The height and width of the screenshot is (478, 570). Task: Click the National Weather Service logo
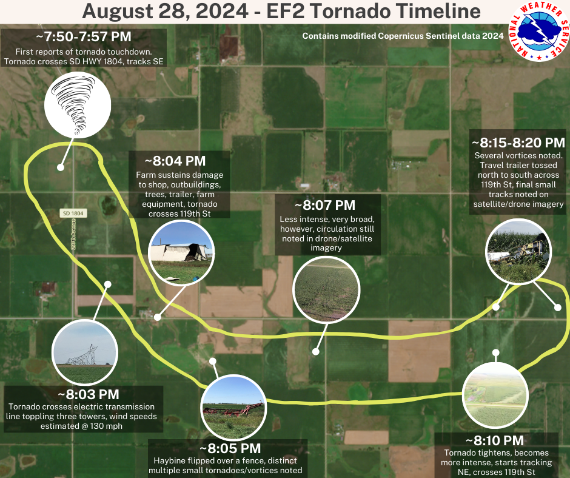coord(538,32)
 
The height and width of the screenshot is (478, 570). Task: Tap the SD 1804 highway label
coord(73,213)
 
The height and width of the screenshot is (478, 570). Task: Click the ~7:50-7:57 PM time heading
coord(84,37)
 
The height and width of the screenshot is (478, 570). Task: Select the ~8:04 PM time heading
coord(175,161)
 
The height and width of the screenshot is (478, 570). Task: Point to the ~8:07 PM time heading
coord(325,205)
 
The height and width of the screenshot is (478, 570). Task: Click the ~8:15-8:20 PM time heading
coord(518,143)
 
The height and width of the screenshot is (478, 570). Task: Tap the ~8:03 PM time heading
coord(89,394)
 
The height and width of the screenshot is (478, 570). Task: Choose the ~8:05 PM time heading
coord(230,448)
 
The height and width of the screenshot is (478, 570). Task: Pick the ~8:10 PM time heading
coord(494,440)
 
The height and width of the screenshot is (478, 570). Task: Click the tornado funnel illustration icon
coord(78,105)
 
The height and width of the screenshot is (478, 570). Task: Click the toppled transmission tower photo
coord(85,352)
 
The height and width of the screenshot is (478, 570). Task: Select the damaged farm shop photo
coord(181,253)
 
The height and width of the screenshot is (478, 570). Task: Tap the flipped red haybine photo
coord(233,408)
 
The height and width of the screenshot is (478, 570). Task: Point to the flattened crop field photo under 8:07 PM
coord(326,290)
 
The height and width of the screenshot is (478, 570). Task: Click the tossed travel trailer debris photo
coord(518,251)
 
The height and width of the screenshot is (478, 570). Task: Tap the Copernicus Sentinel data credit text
coord(403,36)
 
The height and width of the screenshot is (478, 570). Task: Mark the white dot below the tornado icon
coord(61,167)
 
